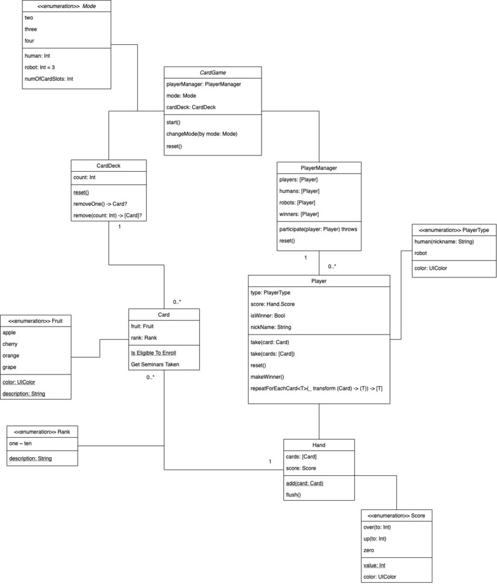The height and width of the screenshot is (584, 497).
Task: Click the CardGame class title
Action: [213, 73]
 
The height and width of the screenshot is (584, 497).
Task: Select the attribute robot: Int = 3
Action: [47, 67]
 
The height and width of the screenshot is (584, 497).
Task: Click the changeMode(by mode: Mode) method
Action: [203, 134]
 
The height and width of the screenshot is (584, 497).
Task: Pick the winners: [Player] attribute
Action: [299, 215]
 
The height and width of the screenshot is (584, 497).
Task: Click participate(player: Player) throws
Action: [318, 229]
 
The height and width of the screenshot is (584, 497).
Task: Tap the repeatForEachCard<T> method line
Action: [316, 388]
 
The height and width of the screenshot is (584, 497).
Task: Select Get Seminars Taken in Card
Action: [155, 364]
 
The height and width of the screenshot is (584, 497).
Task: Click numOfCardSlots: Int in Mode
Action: [49, 79]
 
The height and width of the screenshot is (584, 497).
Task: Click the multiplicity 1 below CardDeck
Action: [119, 226]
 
